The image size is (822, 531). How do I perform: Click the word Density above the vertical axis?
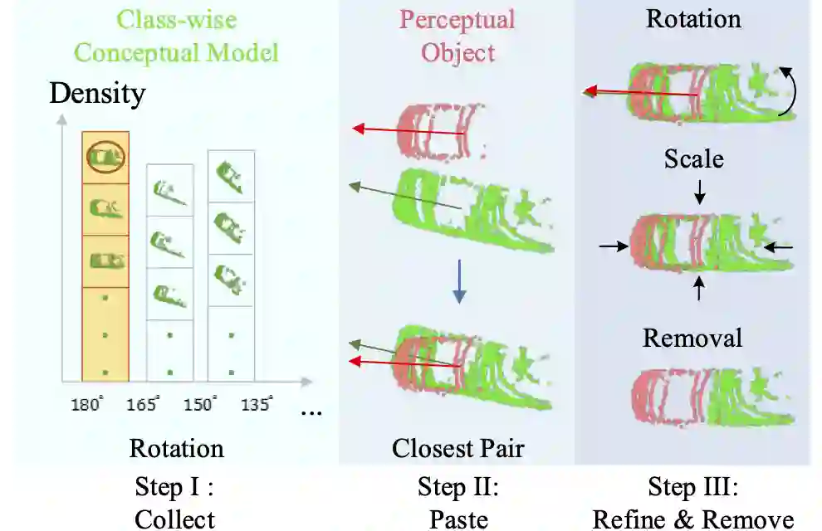[97, 93]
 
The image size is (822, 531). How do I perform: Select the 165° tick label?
[142, 405]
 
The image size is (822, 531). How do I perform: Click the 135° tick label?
[256, 405]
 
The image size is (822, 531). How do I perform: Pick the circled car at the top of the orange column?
[105, 155]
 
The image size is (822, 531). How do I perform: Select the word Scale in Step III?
[693, 158]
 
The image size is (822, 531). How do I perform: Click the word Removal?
[692, 338]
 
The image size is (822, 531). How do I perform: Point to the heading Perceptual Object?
[457, 36]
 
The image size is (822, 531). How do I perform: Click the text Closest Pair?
[457, 449]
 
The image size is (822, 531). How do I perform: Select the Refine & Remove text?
[692, 519]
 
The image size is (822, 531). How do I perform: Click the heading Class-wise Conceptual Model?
[176, 36]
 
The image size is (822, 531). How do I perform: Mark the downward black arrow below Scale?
[701, 192]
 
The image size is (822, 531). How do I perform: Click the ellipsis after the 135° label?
[311, 411]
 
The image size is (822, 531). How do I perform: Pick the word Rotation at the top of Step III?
[692, 18]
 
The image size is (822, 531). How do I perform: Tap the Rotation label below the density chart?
[176, 449]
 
